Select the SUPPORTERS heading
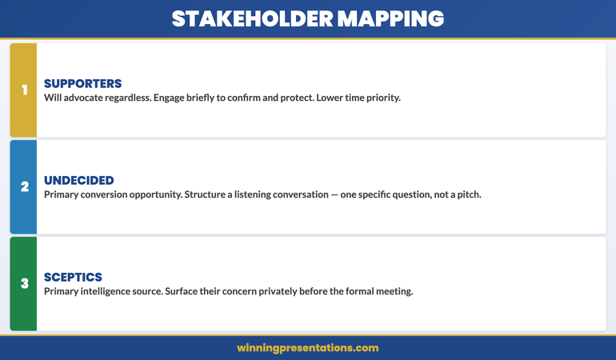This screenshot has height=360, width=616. (x=82, y=83)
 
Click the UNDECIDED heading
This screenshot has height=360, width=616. (x=79, y=180)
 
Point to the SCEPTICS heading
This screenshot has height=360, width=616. (x=73, y=277)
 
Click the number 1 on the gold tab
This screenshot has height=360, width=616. (x=24, y=90)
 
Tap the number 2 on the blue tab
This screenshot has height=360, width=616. (x=24, y=186)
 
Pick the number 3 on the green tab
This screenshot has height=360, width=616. (x=24, y=283)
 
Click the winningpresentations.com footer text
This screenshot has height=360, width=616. (x=308, y=348)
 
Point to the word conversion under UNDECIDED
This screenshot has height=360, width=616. (x=107, y=194)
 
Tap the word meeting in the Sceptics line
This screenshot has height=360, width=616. (x=391, y=291)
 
